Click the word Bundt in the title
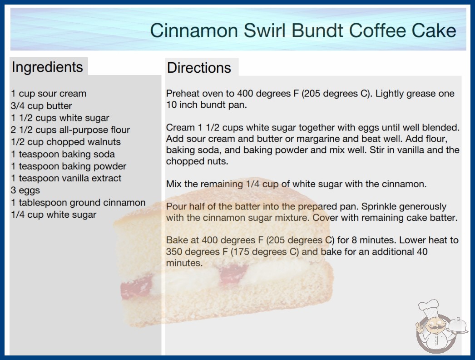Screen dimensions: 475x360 click(x=317, y=30)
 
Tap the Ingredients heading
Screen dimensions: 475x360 click(x=47, y=67)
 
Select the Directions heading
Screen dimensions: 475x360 click(x=199, y=68)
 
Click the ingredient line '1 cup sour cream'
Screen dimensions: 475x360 click(x=49, y=94)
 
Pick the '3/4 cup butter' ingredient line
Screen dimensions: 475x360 click(x=41, y=106)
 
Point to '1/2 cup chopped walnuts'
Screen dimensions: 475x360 click(x=66, y=142)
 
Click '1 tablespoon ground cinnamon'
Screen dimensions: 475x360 click(x=79, y=202)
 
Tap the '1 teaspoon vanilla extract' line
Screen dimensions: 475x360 click(x=66, y=178)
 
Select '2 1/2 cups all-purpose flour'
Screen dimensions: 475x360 click(x=70, y=130)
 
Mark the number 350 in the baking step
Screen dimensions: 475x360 click(x=174, y=252)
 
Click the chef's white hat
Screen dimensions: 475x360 click(x=429, y=307)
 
